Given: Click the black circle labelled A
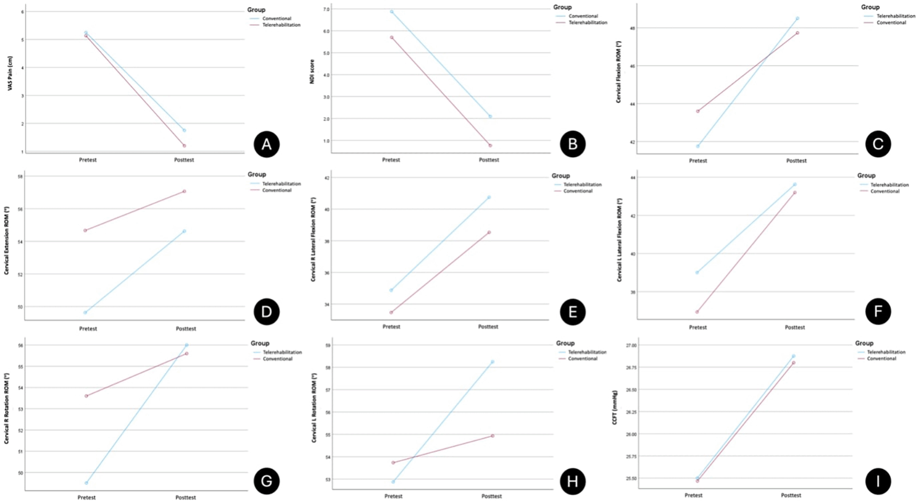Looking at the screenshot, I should pyautogui.click(x=266, y=144).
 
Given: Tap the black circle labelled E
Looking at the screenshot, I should pyautogui.click(x=573, y=312).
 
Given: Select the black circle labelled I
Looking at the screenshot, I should pyautogui.click(x=878, y=481).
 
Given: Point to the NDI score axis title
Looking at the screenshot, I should pyautogui.click(x=312, y=72).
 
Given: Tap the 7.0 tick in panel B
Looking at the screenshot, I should pyautogui.click(x=326, y=10).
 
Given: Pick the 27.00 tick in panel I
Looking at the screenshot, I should pyautogui.click(x=630, y=345).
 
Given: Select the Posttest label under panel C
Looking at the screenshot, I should pyautogui.click(x=796, y=160).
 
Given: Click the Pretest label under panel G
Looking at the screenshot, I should pyautogui.click(x=87, y=497).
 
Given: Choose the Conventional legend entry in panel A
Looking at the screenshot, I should pyautogui.click(x=276, y=19).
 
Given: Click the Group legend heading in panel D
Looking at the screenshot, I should pyautogui.click(x=257, y=174).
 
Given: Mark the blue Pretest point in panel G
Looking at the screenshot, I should pyautogui.click(x=86, y=483).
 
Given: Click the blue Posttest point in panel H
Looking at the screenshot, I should pyautogui.click(x=492, y=362).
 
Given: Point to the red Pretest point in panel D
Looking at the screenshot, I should pyautogui.click(x=85, y=230).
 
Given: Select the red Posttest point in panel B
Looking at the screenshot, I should pyautogui.click(x=490, y=145).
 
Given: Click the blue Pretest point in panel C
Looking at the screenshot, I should pyautogui.click(x=698, y=146).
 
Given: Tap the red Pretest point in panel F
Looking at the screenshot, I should pyautogui.click(x=697, y=312).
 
